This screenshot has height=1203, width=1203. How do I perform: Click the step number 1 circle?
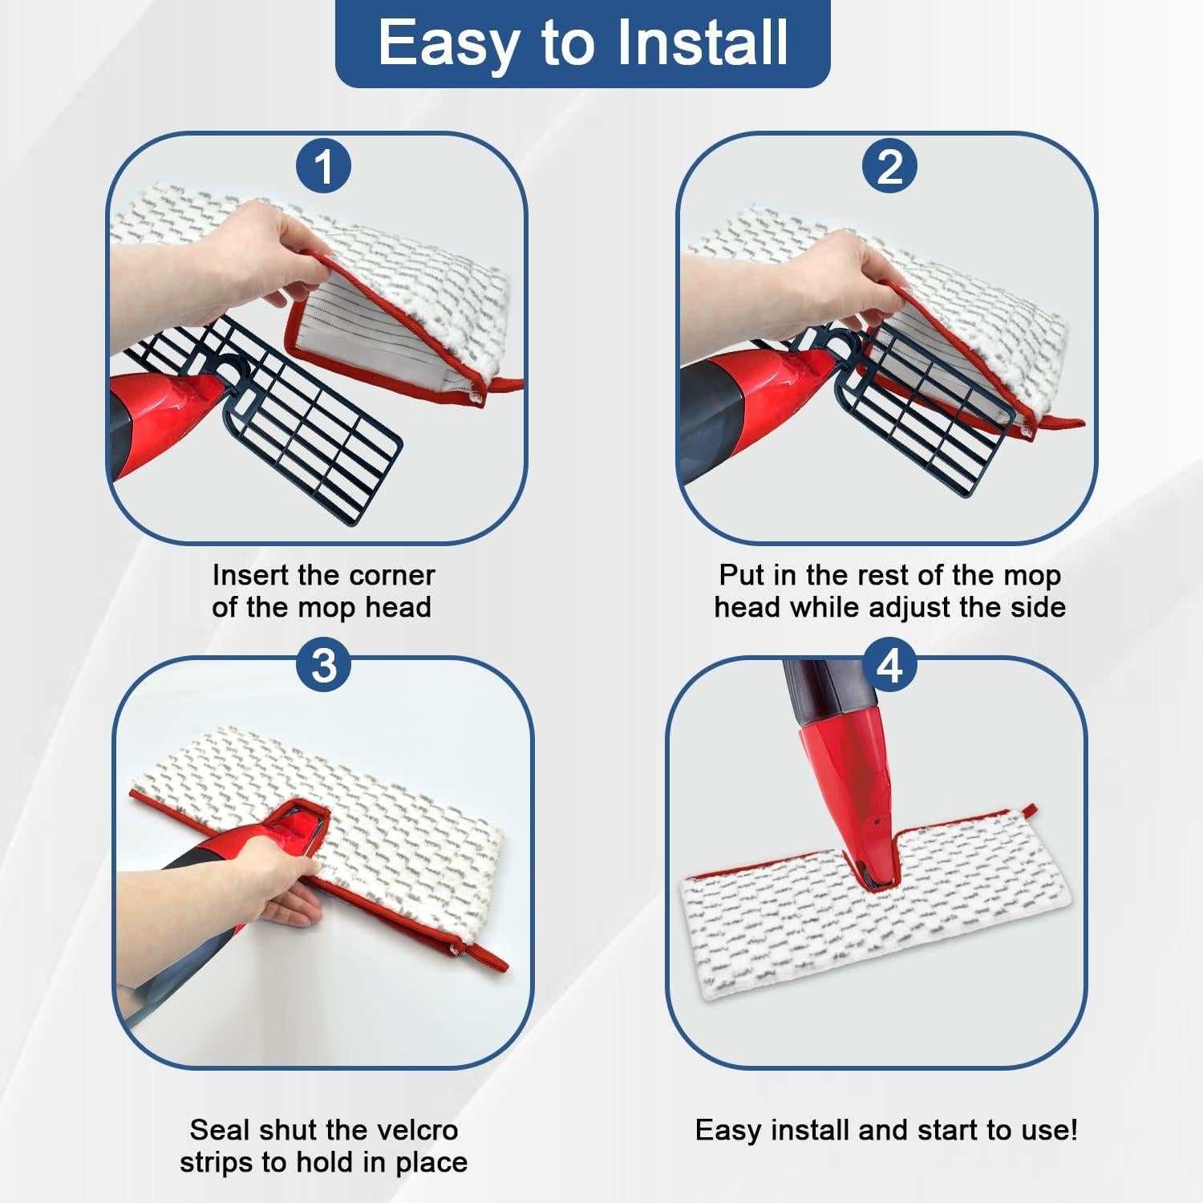(323, 168)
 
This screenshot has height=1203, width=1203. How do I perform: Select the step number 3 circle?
(323, 665)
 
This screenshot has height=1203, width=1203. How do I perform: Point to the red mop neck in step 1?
(176, 401)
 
